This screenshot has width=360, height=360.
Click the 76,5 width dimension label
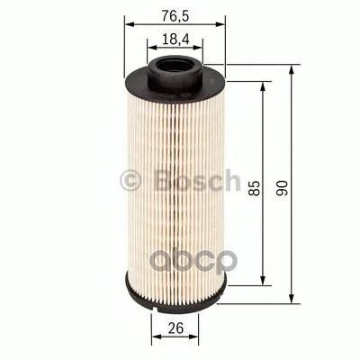click(175, 15)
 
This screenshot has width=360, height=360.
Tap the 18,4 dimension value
click(175, 40)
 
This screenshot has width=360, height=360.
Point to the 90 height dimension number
click(282, 188)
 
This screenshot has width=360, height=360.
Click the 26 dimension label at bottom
click(175, 328)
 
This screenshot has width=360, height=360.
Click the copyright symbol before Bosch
click(130, 181)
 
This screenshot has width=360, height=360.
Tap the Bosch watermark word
click(198, 180)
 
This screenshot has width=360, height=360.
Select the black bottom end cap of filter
click(175, 295)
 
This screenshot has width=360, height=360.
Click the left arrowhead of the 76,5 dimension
click(129, 24)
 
